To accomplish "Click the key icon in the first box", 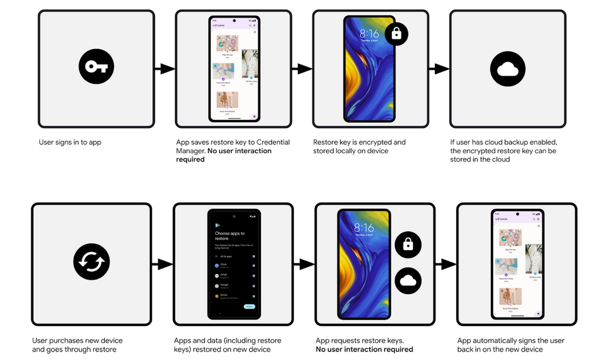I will [96, 67].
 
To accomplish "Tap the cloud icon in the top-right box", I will [507, 69].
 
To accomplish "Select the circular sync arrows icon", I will [91, 263].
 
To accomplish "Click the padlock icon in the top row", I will [396, 34].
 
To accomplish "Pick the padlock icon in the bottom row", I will [408, 244].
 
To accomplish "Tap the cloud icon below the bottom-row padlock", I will [408, 281].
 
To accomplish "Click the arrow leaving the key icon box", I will [165, 69].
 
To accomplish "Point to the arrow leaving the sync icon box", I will [162, 264].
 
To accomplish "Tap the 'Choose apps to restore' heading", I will [230, 236].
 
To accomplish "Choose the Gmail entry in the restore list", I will [224, 276].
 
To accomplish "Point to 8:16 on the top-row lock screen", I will [369, 34].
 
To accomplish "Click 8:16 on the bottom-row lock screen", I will [364, 228].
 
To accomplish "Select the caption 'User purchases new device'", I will [77, 341].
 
